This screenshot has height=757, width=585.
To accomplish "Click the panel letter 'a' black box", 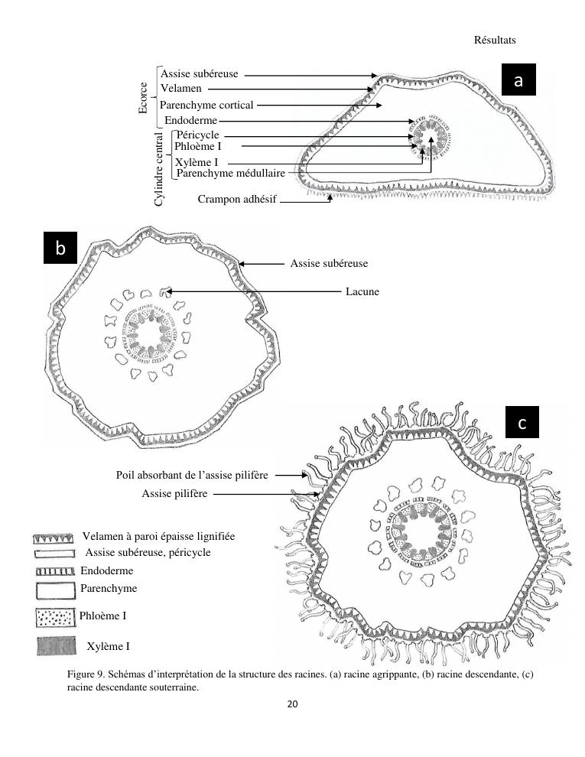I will (x=518, y=81).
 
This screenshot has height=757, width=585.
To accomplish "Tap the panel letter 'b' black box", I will (x=61, y=248).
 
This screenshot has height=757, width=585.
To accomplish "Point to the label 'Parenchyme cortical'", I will (x=206, y=105).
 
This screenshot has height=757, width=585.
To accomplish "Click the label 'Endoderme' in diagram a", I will (x=191, y=121).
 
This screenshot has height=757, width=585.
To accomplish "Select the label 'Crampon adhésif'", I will (x=237, y=200).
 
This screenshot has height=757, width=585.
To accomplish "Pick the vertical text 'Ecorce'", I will (x=143, y=98).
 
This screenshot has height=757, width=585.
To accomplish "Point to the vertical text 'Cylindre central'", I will (x=159, y=168).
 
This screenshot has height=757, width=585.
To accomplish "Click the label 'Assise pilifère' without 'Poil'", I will (x=174, y=494).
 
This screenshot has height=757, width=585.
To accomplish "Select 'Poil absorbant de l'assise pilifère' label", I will (x=192, y=476).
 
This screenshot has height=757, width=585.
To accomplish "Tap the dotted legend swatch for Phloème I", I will (x=54, y=617).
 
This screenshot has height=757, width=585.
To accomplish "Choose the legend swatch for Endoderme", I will (x=54, y=571).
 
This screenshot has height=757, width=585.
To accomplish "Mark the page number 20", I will (x=292, y=704).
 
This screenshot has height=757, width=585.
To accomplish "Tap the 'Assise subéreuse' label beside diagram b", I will (x=329, y=264).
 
